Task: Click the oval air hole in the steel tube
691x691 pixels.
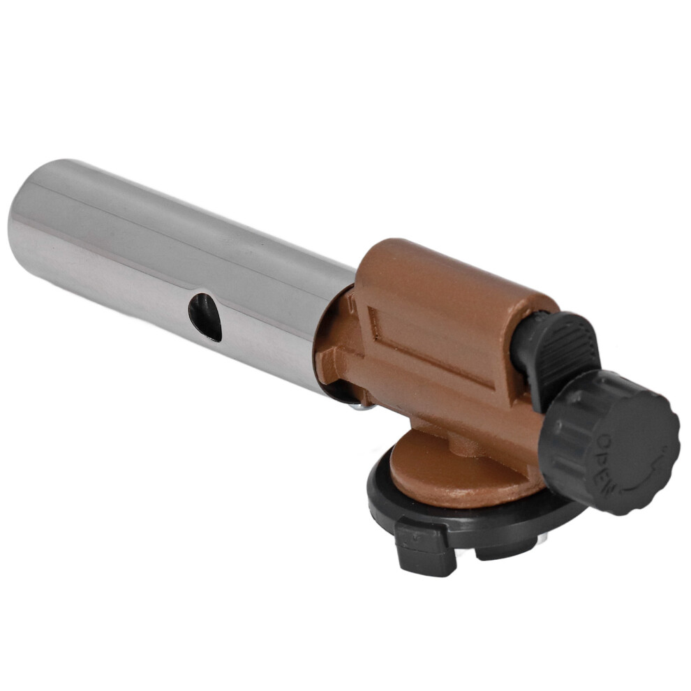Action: coord(205,318)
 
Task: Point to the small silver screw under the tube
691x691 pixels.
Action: coord(362,406)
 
